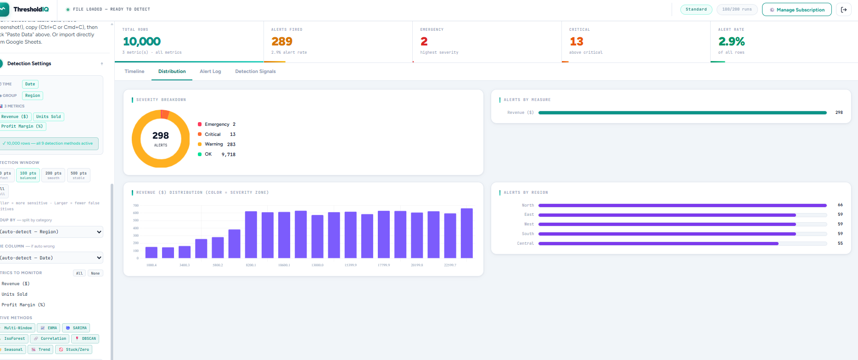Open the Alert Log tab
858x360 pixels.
click(x=210, y=71)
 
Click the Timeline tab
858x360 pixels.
click(x=135, y=71)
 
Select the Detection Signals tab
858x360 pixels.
click(x=255, y=71)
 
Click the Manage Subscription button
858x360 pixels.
click(x=796, y=10)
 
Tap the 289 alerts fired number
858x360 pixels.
click(x=282, y=41)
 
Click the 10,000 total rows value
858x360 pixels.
click(x=142, y=41)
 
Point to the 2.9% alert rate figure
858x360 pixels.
click(x=731, y=41)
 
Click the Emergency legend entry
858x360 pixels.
click(x=217, y=124)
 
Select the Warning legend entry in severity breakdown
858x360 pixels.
click(x=213, y=144)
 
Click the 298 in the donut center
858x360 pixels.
click(x=161, y=135)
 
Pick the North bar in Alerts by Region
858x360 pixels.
click(x=682, y=205)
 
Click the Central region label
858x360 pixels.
click(x=525, y=243)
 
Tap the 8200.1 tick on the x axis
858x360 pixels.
click(x=251, y=265)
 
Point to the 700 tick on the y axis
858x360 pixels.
click(x=136, y=205)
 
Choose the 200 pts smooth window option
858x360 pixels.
click(x=53, y=175)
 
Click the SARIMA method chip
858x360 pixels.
click(x=76, y=328)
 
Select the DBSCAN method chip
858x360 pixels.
click(x=85, y=338)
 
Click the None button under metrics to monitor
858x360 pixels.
click(x=95, y=273)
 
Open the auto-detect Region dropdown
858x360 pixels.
click(x=50, y=232)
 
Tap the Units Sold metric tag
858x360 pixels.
click(x=48, y=117)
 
